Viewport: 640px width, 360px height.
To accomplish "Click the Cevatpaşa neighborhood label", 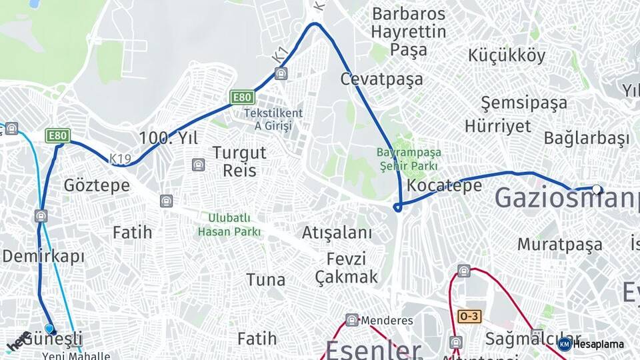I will pyautogui.click(x=381, y=79).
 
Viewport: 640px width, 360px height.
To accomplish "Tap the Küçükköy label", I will pyautogui.click(x=507, y=55).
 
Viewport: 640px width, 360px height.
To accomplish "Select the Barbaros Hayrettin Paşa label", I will pyautogui.click(x=409, y=31).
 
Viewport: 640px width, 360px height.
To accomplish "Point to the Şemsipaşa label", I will pyautogui.click(x=524, y=103).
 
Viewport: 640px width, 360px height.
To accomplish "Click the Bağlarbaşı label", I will pyautogui.click(x=587, y=139).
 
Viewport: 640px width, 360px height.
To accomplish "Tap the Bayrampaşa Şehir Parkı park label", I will pyautogui.click(x=409, y=159).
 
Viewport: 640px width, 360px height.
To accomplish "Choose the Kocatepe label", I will pyautogui.click(x=445, y=185).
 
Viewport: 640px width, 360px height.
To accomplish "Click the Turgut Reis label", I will pyautogui.click(x=239, y=161).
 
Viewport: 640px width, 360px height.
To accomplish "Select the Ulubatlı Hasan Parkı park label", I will pyautogui.click(x=229, y=225).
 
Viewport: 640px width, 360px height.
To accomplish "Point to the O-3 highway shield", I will pyautogui.click(x=469, y=316).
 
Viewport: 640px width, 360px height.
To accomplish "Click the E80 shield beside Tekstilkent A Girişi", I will pyautogui.click(x=242, y=97).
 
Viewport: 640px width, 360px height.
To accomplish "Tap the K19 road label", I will pyautogui.click(x=120, y=159).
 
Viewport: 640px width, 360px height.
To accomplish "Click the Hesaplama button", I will pyautogui.click(x=592, y=344).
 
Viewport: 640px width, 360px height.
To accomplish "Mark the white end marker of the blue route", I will pyautogui.click(x=597, y=189).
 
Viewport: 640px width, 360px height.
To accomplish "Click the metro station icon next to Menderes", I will pyautogui.click(x=352, y=320).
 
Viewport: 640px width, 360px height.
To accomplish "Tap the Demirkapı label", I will pyautogui.click(x=43, y=256).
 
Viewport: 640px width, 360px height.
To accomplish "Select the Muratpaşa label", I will pyautogui.click(x=560, y=244).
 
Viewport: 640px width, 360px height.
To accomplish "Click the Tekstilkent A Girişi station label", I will pyautogui.click(x=273, y=119).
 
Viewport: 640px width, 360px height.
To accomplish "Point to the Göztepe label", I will pyautogui.click(x=97, y=185).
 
